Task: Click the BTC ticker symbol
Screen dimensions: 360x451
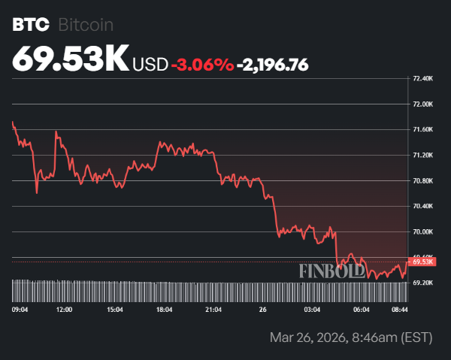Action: point(30,25)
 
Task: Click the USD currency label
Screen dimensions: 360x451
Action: point(150,65)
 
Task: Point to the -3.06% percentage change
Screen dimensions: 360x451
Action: point(202,65)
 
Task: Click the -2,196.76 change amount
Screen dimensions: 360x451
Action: point(272,65)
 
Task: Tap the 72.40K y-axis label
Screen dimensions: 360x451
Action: point(423,78)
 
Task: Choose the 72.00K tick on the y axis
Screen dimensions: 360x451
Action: point(423,104)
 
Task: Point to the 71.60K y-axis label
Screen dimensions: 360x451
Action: point(423,129)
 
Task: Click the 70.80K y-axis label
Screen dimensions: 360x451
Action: point(423,180)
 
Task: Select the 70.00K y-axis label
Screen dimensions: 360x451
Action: point(423,231)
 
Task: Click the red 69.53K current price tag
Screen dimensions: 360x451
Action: point(423,262)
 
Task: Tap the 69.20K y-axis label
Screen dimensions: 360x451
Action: point(423,283)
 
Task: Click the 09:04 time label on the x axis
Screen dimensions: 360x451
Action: point(20,309)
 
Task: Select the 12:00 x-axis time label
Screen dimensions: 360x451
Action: point(65,309)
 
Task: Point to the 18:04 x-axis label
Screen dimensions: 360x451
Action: point(164,309)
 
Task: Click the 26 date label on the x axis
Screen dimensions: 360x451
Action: point(262,309)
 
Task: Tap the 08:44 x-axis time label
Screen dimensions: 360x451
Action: point(399,309)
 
